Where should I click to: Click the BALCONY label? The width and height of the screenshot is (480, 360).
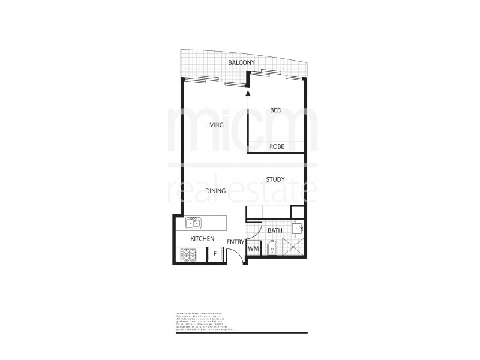click(242, 62)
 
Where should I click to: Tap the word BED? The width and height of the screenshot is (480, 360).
click(275, 110)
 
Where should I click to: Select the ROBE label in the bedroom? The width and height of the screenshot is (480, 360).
click(277, 146)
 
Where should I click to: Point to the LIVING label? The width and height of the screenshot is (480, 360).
click(214, 125)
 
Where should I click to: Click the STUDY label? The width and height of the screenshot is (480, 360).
click(275, 179)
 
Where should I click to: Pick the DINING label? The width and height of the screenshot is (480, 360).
click(215, 191)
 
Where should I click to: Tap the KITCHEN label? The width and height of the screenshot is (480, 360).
click(202, 238)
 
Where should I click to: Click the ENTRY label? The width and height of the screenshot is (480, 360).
click(235, 242)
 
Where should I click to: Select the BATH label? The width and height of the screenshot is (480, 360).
click(275, 230)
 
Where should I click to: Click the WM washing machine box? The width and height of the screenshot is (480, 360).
click(253, 248)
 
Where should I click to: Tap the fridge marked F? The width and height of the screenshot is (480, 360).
click(214, 254)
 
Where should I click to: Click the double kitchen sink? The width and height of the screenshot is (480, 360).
click(193, 223)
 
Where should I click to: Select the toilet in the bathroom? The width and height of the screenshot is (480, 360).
click(271, 247)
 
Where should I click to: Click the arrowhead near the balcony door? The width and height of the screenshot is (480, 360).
click(248, 92)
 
